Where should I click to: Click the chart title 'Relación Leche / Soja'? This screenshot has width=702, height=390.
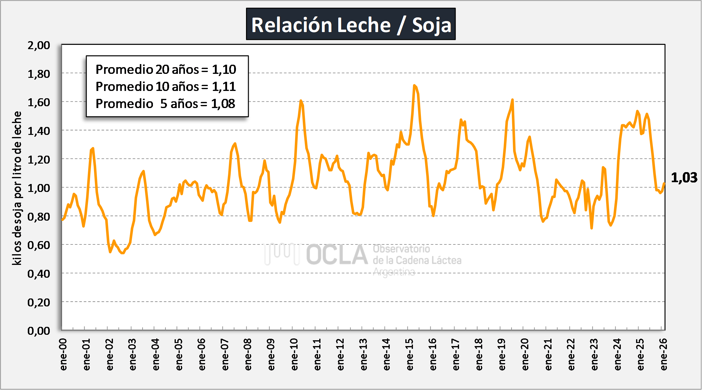[351, 24]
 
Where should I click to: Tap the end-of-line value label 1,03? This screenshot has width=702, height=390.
[684, 178]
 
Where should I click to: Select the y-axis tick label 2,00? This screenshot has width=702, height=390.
[39, 45]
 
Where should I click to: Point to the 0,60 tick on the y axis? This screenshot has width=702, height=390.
[39, 245]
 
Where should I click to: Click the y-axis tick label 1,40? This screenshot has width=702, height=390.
[39, 131]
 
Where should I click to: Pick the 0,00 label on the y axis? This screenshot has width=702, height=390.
[39, 331]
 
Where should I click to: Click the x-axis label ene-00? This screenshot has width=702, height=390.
[63, 355]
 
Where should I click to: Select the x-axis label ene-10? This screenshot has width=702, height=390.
[294, 355]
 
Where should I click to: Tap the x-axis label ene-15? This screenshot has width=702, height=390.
[410, 355]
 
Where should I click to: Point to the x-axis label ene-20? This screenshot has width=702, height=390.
[525, 355]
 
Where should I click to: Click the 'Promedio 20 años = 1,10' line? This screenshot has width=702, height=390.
[166, 70]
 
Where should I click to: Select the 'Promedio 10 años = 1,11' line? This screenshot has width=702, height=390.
[166, 87]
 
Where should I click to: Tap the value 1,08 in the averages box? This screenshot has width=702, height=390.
[223, 104]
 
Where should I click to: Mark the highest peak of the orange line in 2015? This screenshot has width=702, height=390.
[414, 85]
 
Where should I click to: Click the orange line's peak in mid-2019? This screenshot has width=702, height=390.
[512, 99]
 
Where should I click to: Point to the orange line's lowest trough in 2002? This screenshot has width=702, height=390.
[122, 253]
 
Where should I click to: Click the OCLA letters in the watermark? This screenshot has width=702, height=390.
[337, 255]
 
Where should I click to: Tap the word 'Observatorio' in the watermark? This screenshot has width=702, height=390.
[401, 249]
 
